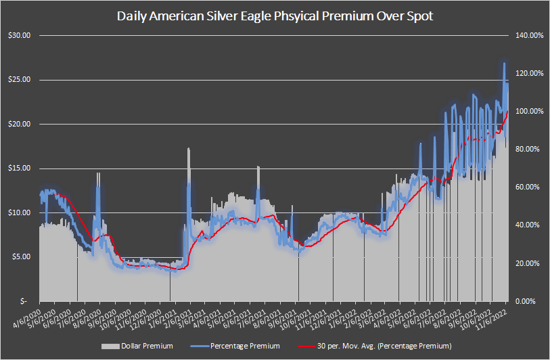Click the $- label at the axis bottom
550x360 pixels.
[24, 300]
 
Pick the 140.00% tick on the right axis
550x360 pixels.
[528, 35]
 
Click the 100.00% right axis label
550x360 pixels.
[528, 111]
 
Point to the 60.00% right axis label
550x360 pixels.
[528, 187]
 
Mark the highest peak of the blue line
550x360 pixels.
[504, 63]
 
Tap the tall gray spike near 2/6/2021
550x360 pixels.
[189, 150]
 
